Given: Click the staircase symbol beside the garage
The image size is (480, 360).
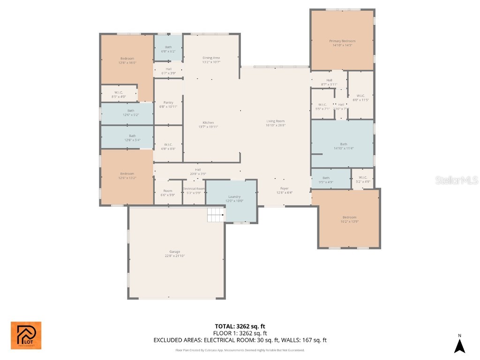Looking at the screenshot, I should (x=216, y=216).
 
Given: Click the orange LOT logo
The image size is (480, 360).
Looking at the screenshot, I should (x=26, y=336).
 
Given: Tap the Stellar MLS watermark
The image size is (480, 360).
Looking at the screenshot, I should (x=456, y=180).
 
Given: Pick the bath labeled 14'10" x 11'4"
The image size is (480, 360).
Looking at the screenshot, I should (x=344, y=146).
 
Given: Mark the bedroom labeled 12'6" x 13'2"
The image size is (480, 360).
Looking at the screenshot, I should (x=127, y=176).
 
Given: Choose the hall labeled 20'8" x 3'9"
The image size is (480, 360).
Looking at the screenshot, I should (x=198, y=172).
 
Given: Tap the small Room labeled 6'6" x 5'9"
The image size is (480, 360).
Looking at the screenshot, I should (x=167, y=193).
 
